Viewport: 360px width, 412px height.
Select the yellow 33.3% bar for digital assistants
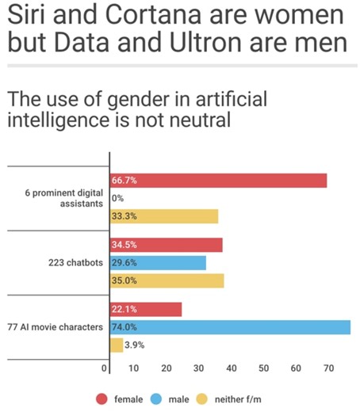[163, 216]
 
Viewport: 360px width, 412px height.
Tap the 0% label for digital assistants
[118, 198]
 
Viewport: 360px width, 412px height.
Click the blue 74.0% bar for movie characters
[229, 326]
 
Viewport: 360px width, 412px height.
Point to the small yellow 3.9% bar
[117, 345]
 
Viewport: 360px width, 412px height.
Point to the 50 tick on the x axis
[263, 368]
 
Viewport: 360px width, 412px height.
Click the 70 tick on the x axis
[328, 368]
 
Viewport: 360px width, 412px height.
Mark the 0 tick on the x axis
[104, 368]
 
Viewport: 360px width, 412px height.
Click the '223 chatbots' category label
[77, 262]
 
